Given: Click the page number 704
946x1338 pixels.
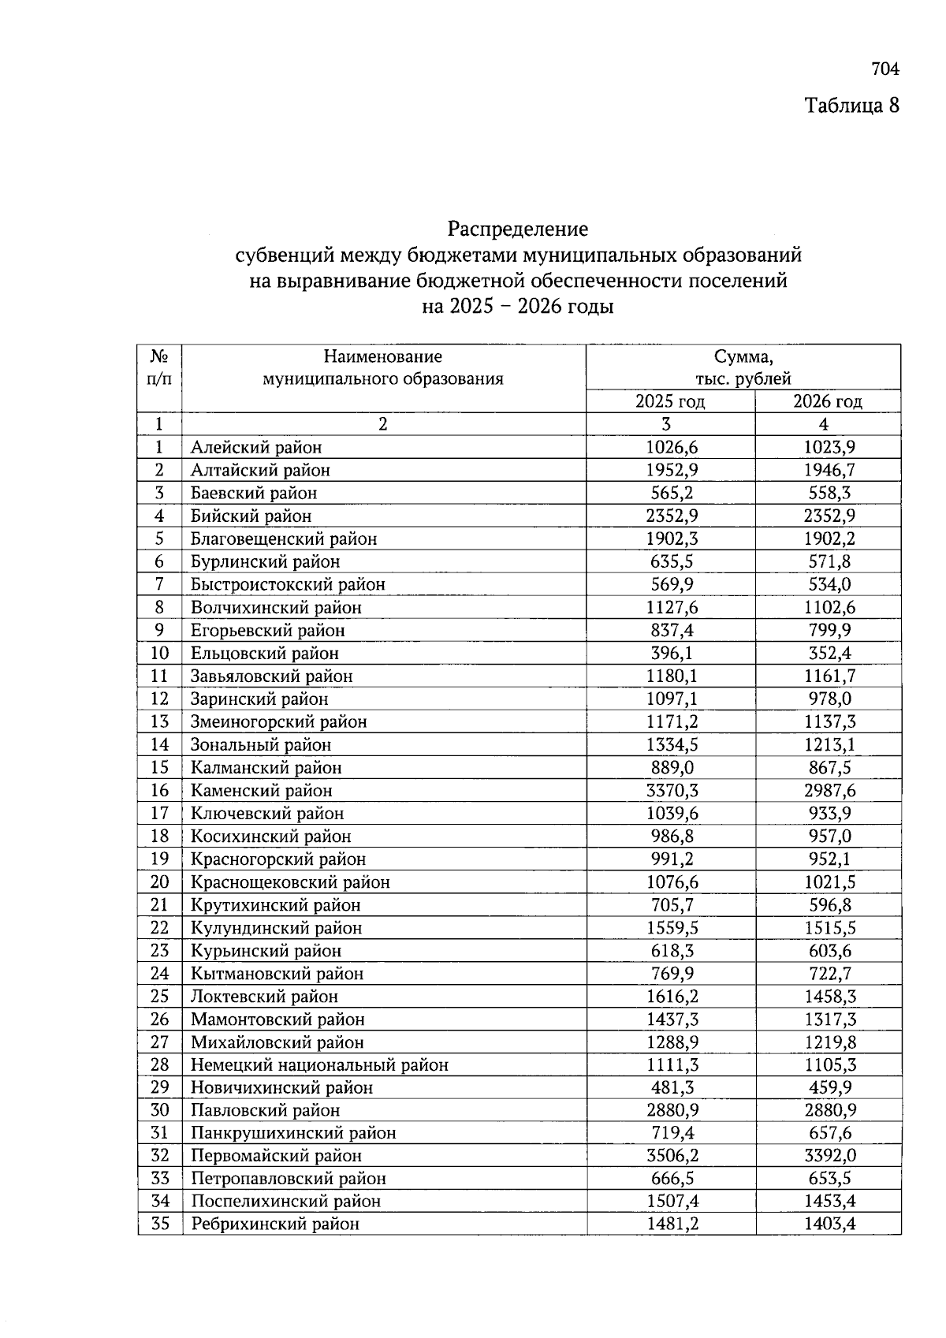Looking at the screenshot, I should [x=885, y=69].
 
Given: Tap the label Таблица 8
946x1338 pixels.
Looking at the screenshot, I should [x=851, y=105].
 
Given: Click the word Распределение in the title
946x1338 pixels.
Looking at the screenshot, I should [x=518, y=229].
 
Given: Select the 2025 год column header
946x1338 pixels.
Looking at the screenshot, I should [x=670, y=401].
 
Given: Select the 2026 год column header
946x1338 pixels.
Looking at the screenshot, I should [x=827, y=401].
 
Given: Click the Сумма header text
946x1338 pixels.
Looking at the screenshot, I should [x=743, y=356].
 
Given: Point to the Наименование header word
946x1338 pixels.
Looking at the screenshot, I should [x=382, y=356].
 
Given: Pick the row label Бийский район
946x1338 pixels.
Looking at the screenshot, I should [x=251, y=516].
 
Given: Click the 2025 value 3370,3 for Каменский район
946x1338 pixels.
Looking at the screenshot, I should [x=672, y=790].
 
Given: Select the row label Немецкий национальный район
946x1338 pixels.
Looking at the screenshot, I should [x=319, y=1064].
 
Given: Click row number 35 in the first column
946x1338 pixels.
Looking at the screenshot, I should [x=160, y=1224].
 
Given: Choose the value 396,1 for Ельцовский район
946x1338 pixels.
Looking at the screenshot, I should [x=672, y=653].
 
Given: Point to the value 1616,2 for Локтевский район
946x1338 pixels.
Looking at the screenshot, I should [x=672, y=996].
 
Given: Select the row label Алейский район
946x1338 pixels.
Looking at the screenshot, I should [x=256, y=448].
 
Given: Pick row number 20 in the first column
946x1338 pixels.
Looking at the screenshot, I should [x=160, y=881].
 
